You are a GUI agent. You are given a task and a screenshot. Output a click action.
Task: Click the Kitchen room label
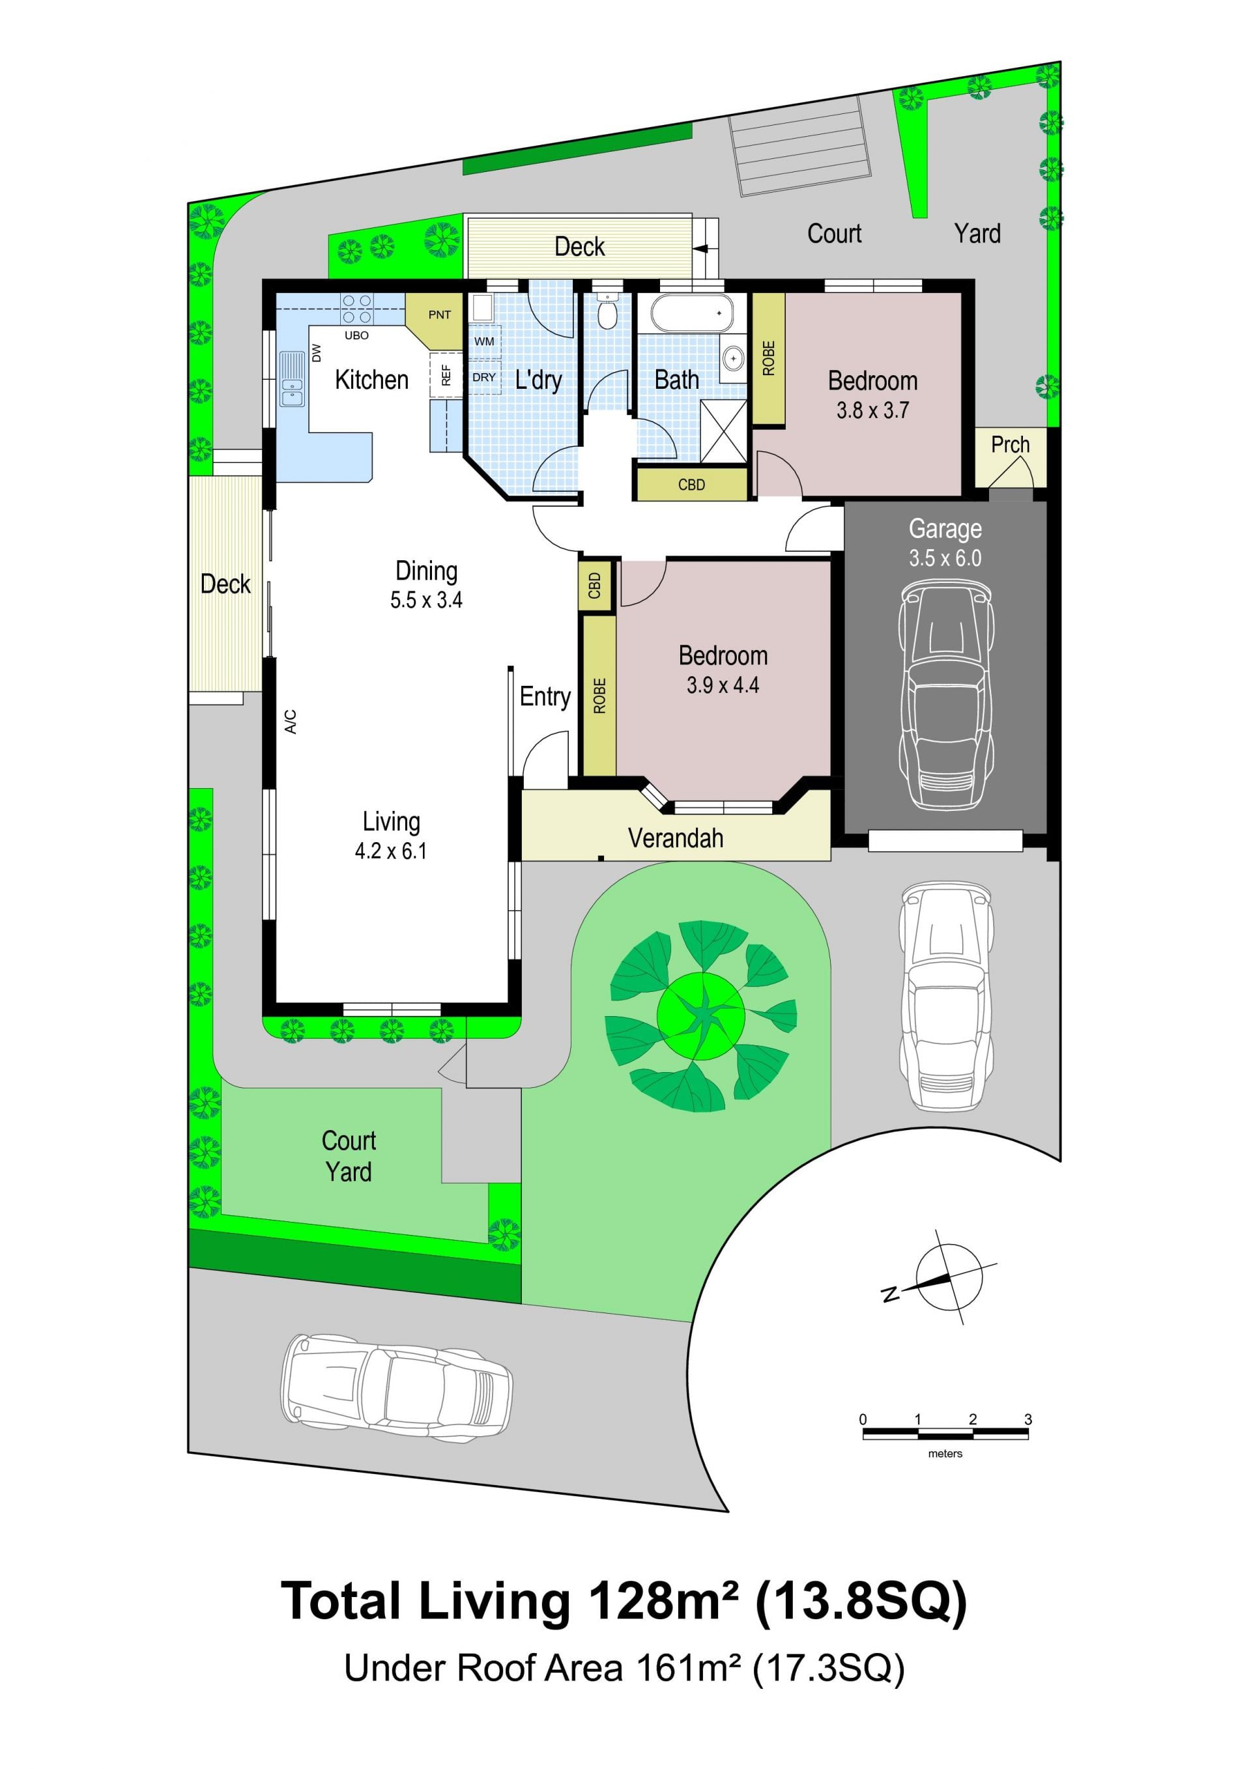coord(371,380)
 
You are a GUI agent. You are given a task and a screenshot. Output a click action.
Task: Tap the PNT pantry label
coord(439,315)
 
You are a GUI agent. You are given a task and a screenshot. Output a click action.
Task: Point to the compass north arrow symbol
coord(943,1280)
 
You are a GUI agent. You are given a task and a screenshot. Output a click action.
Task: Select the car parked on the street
coord(396,1389)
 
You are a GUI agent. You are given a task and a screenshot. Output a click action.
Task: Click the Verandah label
coord(675,838)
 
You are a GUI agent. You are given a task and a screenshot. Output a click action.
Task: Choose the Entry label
coord(545,696)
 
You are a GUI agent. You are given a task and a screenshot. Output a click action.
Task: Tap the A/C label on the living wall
coord(291,721)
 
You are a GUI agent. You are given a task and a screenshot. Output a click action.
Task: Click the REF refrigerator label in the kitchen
coord(446,375)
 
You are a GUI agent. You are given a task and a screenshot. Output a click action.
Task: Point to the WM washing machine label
coord(484,341)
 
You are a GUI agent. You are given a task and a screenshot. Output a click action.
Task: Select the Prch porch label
coord(1010,445)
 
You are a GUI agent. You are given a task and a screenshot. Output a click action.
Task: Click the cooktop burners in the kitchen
coord(357,309)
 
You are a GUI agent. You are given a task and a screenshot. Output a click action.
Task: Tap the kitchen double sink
coord(292,379)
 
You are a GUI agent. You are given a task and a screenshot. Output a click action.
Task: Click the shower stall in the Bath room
coord(724,431)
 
